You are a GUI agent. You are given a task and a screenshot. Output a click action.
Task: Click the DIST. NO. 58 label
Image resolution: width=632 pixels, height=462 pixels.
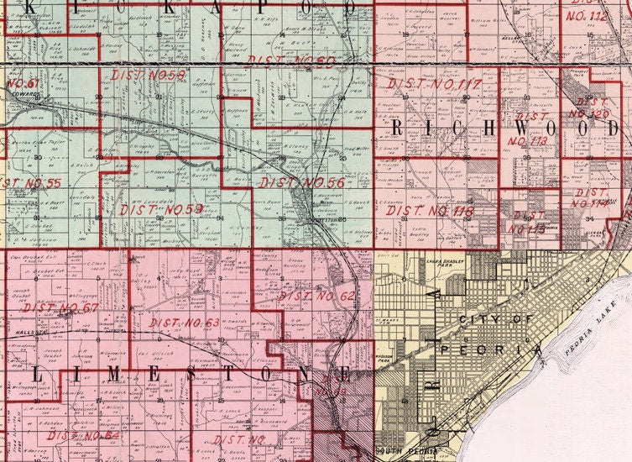tap(142, 76)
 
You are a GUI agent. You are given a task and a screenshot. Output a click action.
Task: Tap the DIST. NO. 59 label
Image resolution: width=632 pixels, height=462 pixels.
tap(162, 209)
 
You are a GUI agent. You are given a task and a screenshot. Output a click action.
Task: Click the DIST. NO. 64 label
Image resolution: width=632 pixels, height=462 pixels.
tap(83, 436)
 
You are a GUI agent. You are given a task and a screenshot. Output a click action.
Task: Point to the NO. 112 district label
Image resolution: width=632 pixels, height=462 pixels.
tap(586, 16)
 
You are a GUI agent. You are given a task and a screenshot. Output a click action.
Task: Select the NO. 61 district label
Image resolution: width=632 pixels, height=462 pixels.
tap(23, 83)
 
